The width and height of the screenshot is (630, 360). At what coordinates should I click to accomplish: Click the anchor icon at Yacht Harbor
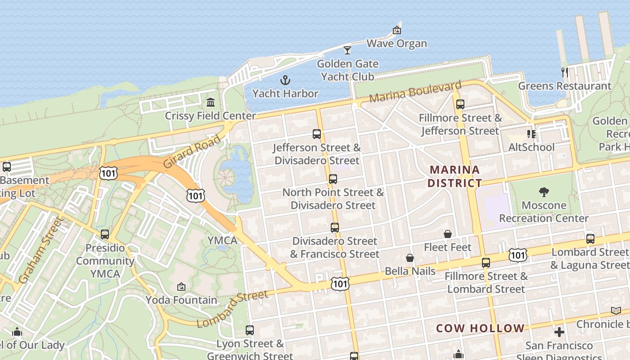[285, 81]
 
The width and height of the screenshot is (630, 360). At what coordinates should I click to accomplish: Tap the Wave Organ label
[396, 44]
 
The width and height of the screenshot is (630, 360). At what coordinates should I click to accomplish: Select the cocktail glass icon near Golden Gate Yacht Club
[347, 50]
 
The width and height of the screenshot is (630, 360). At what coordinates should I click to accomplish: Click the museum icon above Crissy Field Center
[210, 103]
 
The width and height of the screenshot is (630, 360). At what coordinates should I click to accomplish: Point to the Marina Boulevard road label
[415, 92]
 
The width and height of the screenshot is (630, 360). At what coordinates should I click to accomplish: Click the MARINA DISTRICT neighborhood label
[454, 176]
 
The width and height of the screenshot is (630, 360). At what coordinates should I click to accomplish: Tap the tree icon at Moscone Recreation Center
[544, 192]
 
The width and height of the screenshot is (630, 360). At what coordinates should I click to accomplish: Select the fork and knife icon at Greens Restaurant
[565, 72]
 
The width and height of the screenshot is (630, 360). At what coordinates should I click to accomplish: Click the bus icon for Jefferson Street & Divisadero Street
[317, 134]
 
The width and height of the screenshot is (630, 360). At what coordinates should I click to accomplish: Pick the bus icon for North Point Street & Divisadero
[333, 179]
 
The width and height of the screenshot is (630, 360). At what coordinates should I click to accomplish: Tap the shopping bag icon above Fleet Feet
[448, 234]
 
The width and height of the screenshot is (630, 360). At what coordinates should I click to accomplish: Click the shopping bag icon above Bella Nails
[410, 258]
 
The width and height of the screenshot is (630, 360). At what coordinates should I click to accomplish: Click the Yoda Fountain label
[181, 300]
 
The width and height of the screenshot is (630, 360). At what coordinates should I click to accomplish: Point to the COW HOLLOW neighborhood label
[480, 328]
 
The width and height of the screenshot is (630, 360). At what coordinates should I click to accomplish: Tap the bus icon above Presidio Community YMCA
[105, 234]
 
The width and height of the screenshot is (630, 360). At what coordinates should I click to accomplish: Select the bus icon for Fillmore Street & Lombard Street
[486, 263]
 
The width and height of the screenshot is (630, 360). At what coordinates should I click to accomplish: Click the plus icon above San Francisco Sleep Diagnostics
[559, 332]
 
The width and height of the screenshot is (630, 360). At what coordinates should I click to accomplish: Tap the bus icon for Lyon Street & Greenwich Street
[250, 330]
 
